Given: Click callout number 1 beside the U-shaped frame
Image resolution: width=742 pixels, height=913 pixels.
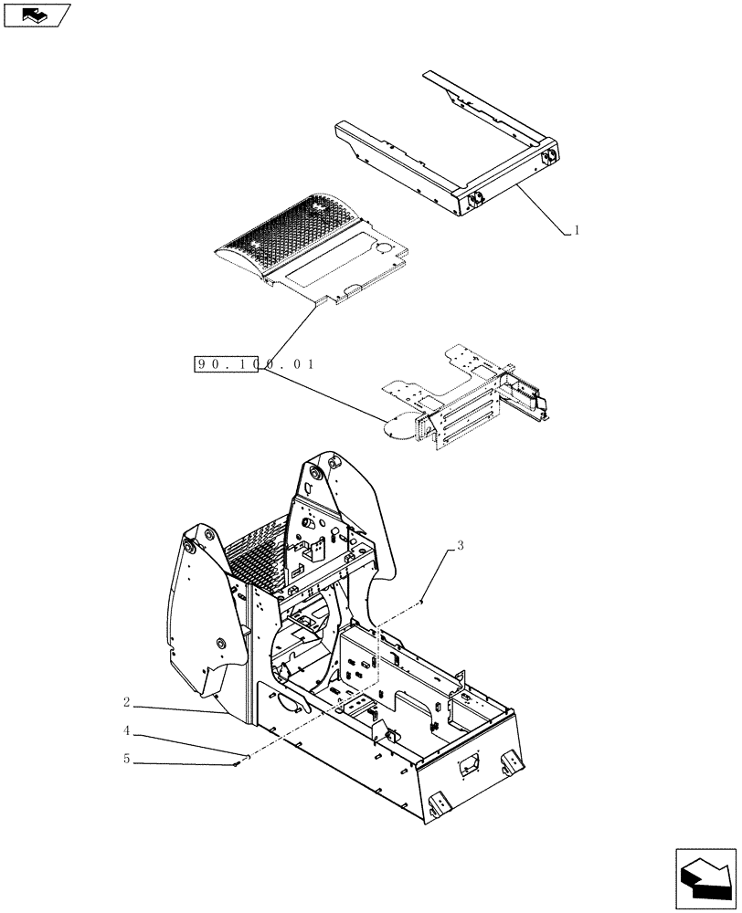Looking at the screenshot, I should tap(577, 231).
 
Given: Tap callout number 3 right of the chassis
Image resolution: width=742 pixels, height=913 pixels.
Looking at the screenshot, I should tap(461, 546).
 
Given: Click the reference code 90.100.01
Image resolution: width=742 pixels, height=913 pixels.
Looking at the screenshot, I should tap(255, 364).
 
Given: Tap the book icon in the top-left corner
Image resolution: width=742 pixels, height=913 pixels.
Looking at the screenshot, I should tap(37, 14).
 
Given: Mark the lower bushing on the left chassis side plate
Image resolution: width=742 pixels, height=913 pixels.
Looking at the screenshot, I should tap(220, 645).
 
